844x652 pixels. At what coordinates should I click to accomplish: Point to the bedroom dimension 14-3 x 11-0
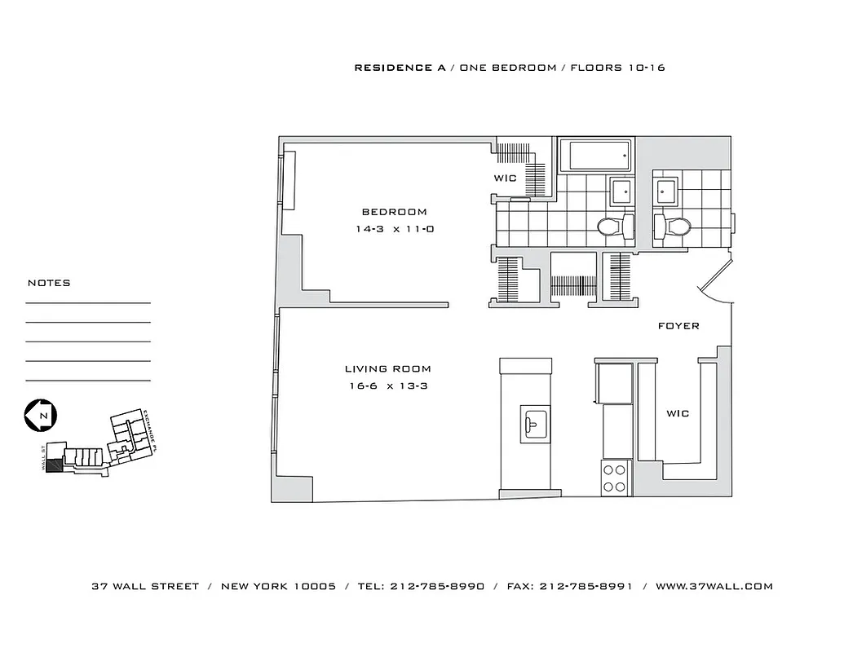click(x=394, y=230)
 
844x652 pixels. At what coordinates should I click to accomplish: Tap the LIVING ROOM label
click(x=387, y=369)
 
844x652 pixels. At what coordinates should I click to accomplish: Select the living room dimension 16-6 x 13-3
click(x=387, y=386)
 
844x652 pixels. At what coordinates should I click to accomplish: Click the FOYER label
click(x=678, y=326)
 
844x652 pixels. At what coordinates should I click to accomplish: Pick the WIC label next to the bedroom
click(x=505, y=178)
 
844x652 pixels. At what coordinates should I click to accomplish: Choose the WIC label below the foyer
click(x=678, y=414)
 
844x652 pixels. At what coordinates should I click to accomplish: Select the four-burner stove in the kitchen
click(x=616, y=478)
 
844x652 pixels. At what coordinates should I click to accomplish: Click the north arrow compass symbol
click(x=38, y=415)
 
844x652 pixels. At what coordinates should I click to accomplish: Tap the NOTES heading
click(x=49, y=283)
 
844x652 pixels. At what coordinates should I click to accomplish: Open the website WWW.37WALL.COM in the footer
click(x=714, y=586)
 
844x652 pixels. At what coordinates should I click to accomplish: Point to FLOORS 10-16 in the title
click(x=617, y=68)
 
